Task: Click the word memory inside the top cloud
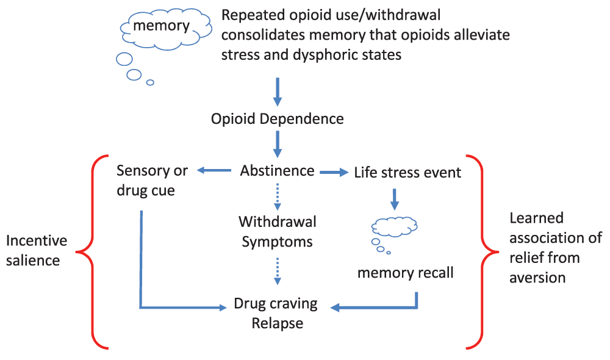coord(162,26)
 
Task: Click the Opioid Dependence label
coord(278,118)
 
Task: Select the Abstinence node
coord(278,171)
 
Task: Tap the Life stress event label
coord(407,173)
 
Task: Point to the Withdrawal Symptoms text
coord(278,231)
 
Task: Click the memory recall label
coord(406,272)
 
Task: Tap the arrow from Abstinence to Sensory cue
coord(213,171)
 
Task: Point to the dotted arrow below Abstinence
coord(278,196)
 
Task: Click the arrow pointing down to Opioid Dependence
coord(278,92)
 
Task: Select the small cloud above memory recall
coord(394,227)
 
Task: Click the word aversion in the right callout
coord(537,278)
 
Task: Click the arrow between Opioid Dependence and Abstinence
coord(278,143)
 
